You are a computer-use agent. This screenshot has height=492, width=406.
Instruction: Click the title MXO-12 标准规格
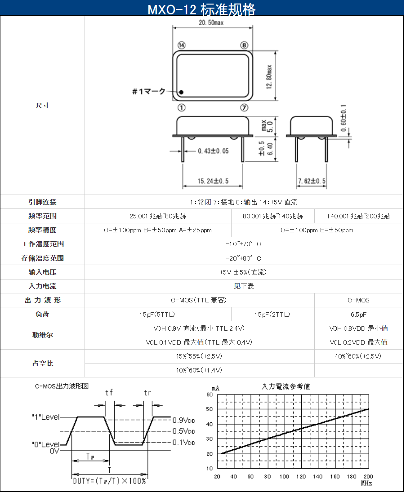coord(201,9)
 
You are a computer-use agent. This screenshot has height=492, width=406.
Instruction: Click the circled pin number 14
coord(182,45)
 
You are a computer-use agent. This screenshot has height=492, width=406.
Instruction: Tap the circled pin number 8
coord(244,45)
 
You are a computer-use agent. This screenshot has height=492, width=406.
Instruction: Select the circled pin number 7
coord(244,108)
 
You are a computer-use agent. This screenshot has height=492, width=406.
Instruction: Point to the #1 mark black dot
coord(181,92)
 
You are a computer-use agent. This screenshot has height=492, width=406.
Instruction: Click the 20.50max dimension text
coord(211,22)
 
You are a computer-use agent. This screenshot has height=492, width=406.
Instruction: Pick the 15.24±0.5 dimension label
coord(213,181)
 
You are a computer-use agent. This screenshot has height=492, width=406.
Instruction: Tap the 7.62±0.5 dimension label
coord(312,181)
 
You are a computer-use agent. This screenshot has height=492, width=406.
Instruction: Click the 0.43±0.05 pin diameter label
coord(213,151)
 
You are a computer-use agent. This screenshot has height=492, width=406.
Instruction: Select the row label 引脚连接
coord(42,202)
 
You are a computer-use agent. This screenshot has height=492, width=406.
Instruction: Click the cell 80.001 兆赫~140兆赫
coord(272,216)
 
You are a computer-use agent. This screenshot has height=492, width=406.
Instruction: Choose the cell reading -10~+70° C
coord(244,244)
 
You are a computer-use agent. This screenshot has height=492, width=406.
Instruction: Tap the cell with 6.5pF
coord(359,315)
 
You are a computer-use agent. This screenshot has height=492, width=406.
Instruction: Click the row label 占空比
coord(43,363)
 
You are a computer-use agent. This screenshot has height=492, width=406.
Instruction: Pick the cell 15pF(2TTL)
coord(272,315)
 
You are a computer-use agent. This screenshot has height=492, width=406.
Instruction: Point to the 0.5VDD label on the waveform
coord(184,431)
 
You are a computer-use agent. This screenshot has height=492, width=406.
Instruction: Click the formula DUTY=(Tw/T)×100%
coord(110,481)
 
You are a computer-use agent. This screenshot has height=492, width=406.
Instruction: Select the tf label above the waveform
coord(109,393)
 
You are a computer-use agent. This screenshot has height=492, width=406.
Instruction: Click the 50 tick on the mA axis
coord(210,409)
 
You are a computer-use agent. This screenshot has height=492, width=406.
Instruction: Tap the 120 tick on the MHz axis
coord(301,476)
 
